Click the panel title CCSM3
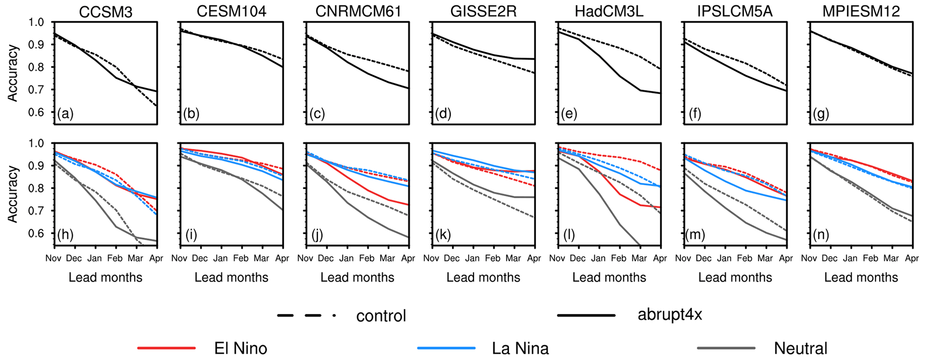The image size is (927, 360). tap(105, 12)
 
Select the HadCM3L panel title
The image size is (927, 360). tap(609, 12)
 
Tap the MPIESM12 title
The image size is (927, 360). tap(861, 12)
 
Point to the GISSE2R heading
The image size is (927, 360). tap(483, 12)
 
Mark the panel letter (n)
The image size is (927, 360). tap(821, 234)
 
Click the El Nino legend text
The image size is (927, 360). tap(240, 348)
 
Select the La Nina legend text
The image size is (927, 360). tap(520, 348)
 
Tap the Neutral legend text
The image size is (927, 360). tap(801, 348)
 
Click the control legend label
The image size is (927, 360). tap(381, 316)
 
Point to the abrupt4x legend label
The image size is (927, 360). tap(670, 315)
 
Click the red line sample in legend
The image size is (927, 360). tap(166, 348)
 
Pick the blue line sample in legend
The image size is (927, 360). tap(446, 348)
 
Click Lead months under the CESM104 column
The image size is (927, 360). tap(231, 278)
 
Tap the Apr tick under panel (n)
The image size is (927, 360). tap(912, 259)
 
